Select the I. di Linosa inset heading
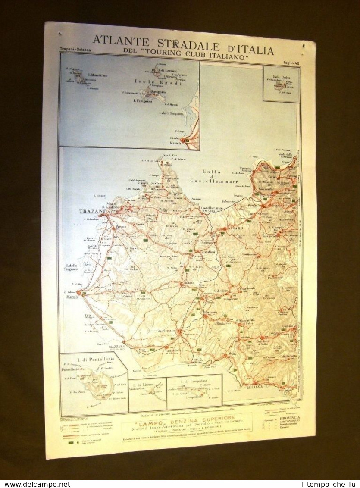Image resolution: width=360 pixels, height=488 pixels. tap(147, 383)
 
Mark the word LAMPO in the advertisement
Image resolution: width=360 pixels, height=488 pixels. tap(140, 418)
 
